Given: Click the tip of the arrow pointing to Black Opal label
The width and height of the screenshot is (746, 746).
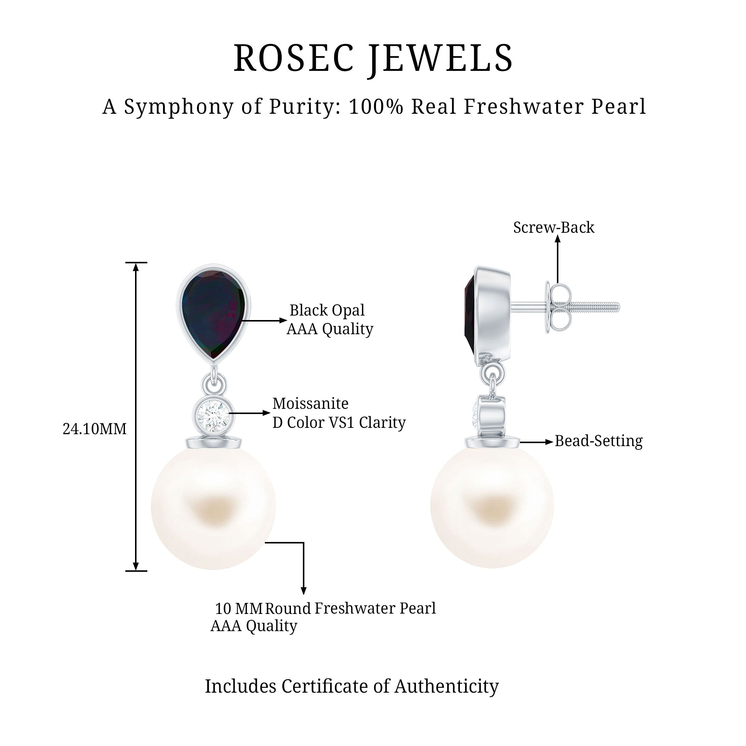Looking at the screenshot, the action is tap(287, 320).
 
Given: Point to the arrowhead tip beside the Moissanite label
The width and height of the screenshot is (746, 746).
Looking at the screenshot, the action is tap(270, 413).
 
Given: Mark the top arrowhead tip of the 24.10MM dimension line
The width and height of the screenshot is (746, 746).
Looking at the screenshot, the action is tap(135, 263).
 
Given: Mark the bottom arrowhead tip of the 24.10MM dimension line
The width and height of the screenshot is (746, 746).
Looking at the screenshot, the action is tap(135, 570).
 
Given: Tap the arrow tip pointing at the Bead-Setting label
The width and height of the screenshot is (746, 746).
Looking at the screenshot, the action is tap(553, 442).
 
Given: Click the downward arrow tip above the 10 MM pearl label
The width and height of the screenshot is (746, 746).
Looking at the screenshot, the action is tap(304, 594).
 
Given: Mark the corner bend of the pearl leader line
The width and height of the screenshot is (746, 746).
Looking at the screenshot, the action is tap(304, 542).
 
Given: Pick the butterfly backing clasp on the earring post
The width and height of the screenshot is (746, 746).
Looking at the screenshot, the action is tap(557, 307).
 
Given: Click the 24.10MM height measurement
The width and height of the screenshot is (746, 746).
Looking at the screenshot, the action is tap(95, 429).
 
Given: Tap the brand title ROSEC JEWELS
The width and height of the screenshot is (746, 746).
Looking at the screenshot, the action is tap(373, 58).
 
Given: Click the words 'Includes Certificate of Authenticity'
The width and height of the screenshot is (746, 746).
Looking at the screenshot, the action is tap(352, 686).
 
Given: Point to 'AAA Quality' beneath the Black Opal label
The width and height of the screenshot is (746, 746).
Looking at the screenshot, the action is tap(330, 329).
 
